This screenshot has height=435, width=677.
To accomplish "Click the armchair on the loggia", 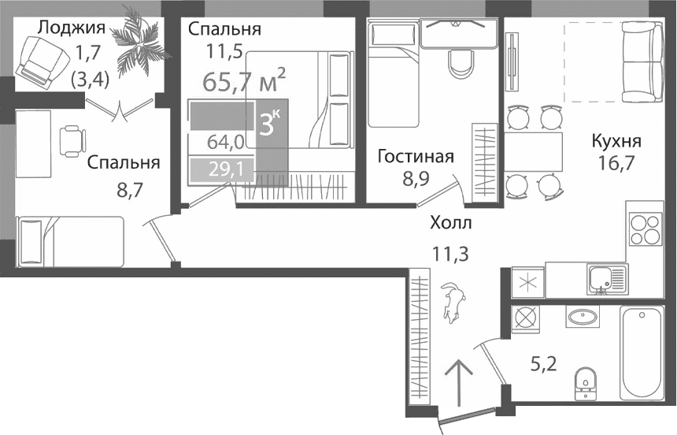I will point(39,61).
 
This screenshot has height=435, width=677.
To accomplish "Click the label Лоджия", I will point(72,29).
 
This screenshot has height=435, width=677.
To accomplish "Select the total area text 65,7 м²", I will point(244,80).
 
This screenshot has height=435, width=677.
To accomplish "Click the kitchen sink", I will point(607,278).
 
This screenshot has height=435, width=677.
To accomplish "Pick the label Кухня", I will point(616,142).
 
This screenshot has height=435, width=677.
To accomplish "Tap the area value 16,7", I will point(615,166).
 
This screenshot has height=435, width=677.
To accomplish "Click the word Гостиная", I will point(415,156).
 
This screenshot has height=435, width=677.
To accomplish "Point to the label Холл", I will point(451,224).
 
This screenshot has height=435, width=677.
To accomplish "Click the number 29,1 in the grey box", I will point(226,168).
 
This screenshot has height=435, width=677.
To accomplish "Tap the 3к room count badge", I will point(271,125).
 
